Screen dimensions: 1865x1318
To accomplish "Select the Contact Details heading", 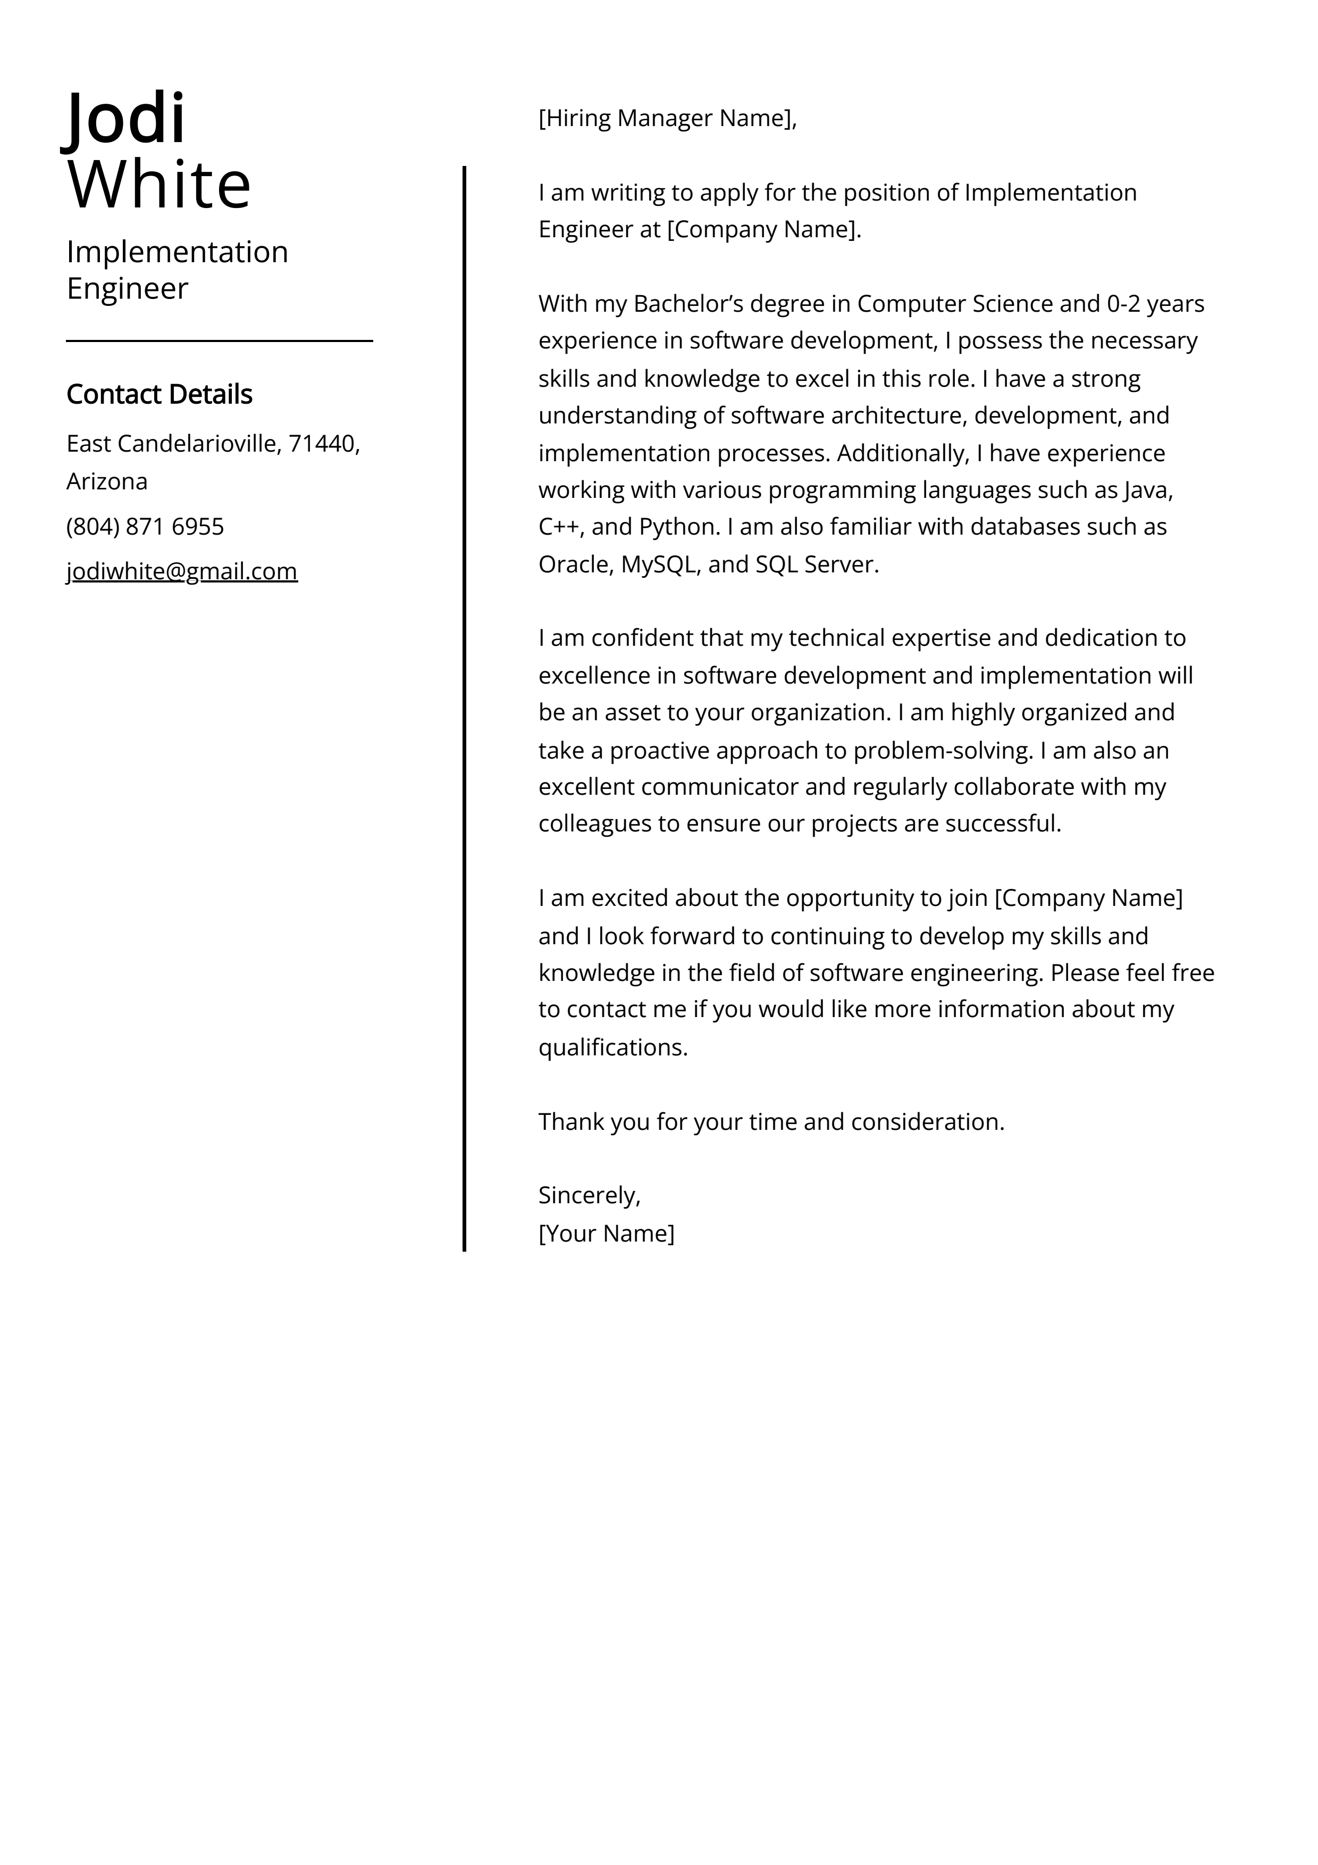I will tap(159, 394).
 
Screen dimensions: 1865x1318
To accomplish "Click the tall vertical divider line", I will tap(465, 706).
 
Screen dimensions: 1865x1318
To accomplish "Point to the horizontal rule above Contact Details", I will tap(219, 341).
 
